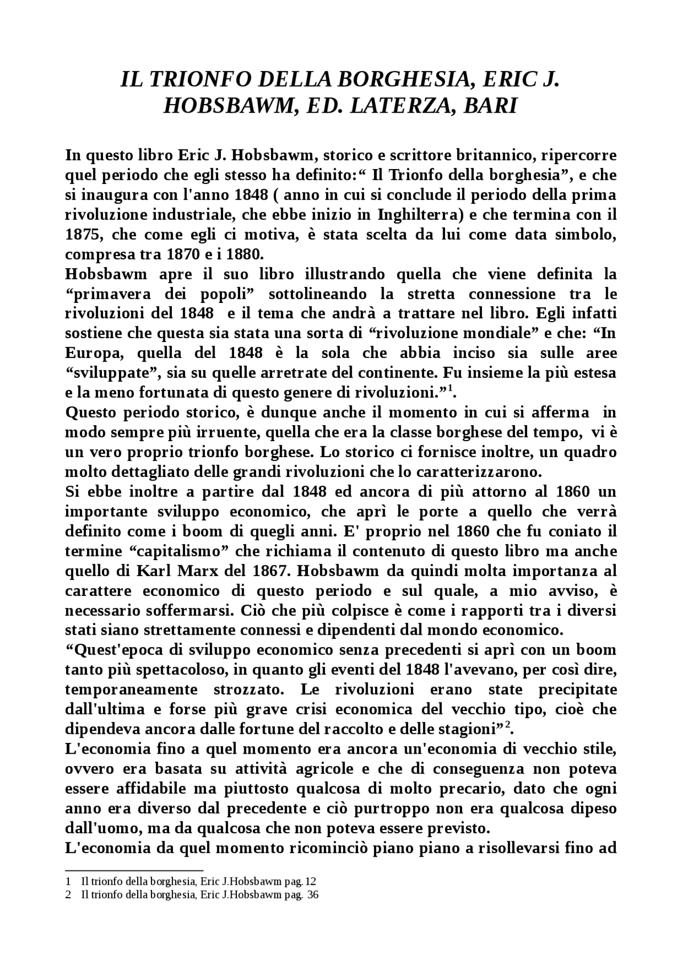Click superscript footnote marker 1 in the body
click(x=450, y=389)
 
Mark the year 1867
click(x=266, y=571)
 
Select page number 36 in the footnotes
click(x=313, y=895)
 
